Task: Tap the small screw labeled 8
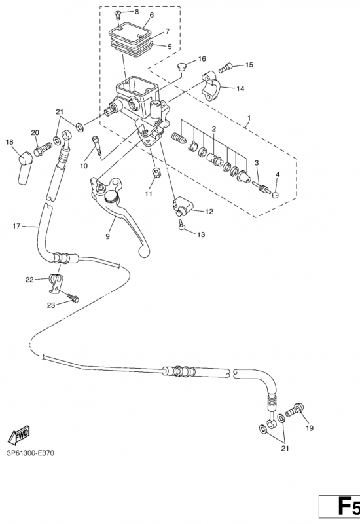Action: [118, 14]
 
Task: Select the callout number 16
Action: [202, 59]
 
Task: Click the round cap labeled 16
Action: [182, 66]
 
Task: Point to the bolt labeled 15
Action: [226, 67]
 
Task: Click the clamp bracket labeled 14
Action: [211, 86]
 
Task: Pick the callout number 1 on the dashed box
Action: [249, 118]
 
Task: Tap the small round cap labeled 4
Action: [276, 195]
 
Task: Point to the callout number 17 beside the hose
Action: [16, 226]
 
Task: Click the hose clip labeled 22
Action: [56, 284]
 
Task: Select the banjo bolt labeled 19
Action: [295, 410]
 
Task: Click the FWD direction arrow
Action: [19, 434]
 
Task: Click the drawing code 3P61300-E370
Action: [30, 453]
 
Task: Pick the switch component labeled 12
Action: [183, 207]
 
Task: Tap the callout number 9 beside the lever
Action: [107, 236]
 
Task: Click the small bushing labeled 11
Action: [156, 172]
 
